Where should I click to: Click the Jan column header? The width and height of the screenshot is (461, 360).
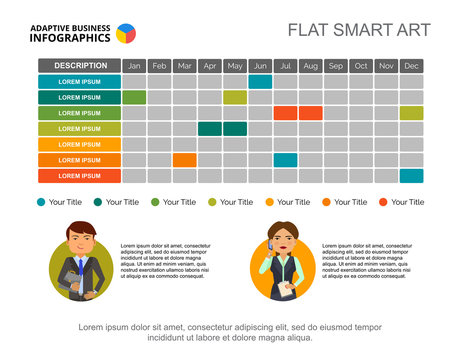[x=135, y=66]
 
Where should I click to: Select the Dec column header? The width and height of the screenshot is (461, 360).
[x=411, y=66]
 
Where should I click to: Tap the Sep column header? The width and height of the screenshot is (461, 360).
[x=336, y=66]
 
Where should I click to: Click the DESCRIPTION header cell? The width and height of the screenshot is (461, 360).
[x=79, y=66]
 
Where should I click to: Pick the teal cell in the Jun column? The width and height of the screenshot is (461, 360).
[x=260, y=82]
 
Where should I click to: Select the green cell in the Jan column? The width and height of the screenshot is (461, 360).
[x=135, y=97]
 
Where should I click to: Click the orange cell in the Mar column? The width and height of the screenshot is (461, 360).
[x=185, y=160]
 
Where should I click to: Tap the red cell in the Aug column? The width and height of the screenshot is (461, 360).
[x=311, y=113]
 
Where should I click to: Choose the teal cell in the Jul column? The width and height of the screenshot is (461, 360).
[x=286, y=160]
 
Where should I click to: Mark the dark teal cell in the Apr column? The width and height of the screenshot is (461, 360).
[x=210, y=129]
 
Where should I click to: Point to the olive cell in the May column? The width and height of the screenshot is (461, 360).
[x=235, y=97]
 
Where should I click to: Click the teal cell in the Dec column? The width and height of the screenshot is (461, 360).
[x=411, y=176]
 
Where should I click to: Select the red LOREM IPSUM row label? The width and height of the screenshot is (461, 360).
[x=79, y=176]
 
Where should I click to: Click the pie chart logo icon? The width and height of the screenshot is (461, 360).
[x=126, y=33]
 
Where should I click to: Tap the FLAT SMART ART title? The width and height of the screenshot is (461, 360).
[x=358, y=30]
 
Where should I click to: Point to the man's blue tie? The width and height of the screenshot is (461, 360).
[x=79, y=265]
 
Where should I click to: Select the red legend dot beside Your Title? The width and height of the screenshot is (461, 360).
[x=384, y=202]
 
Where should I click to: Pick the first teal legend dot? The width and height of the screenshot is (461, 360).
[x=41, y=202]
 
